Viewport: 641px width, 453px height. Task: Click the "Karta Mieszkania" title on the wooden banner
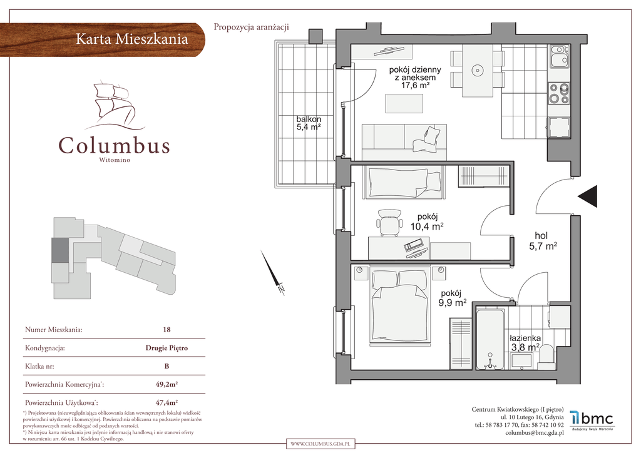tap(132, 39)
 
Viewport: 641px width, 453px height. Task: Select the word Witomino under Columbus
tap(115, 160)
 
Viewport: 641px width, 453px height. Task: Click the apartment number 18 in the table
tap(167, 329)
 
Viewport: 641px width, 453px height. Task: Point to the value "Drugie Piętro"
tap(167, 348)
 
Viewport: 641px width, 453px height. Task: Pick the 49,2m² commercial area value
tap(167, 384)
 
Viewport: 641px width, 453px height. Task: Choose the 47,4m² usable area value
tap(167, 402)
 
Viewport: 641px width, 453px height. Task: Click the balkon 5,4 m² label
tap(309, 123)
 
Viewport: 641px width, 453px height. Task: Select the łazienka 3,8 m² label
tap(525, 343)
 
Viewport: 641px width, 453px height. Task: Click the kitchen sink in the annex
tap(559, 56)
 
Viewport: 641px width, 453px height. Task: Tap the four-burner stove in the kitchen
tap(559, 93)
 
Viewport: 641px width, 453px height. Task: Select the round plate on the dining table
tap(477, 71)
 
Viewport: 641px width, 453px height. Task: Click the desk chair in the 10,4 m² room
tap(388, 222)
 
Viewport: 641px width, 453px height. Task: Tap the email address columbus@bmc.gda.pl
tap(535, 432)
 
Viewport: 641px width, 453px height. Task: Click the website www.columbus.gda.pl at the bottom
tap(321, 444)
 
